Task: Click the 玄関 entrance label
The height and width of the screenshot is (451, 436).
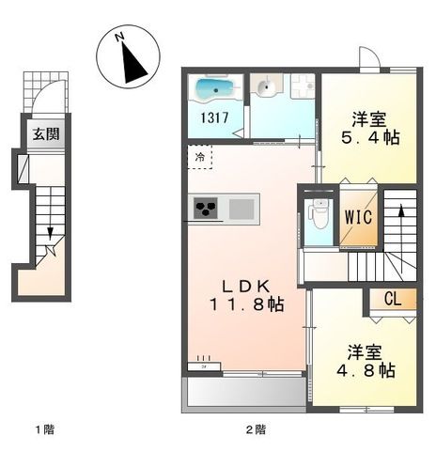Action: coord(44,134)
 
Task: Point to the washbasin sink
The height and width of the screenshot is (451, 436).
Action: coord(266,89)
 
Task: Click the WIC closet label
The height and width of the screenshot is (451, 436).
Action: coord(359,216)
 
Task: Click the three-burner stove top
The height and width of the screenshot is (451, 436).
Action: coord(207,208)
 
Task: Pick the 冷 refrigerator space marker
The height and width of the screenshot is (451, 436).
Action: coord(199,158)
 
